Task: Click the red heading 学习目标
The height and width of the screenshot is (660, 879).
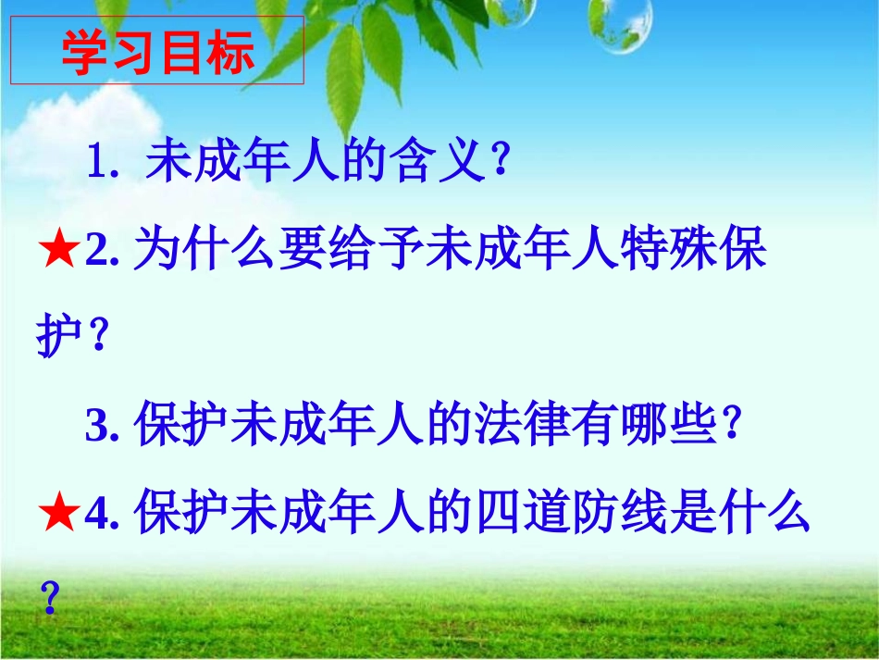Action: [157, 53]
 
